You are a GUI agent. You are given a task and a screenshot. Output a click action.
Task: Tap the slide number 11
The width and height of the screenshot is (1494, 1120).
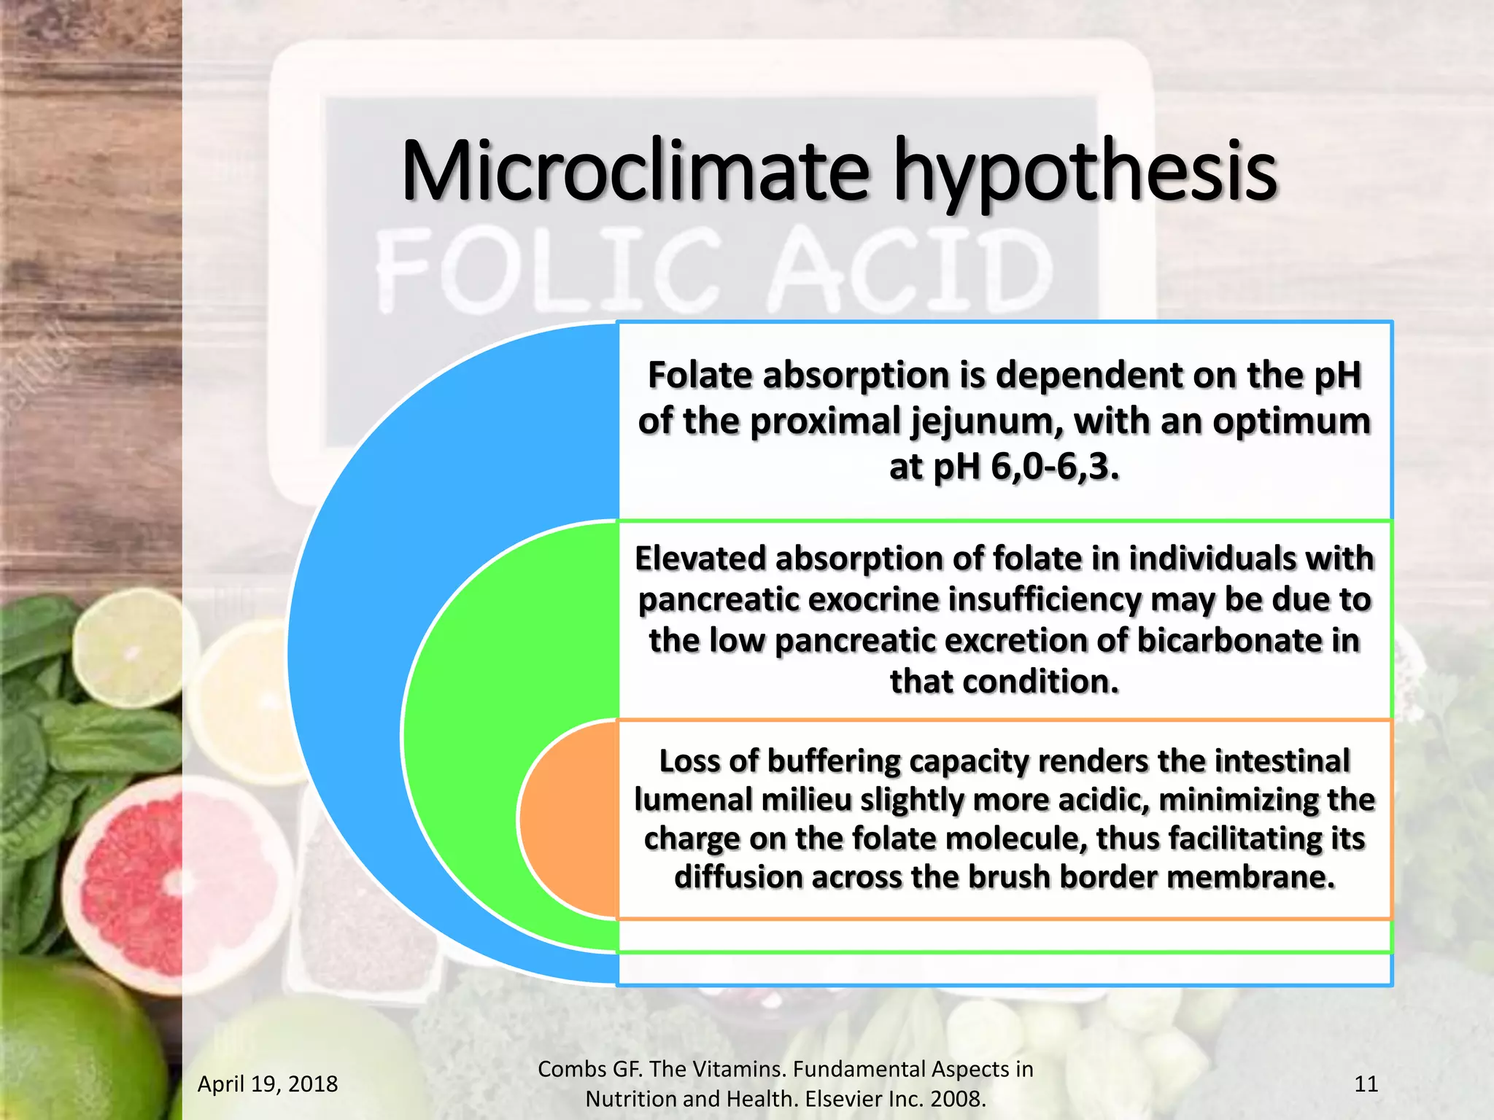pyautogui.click(x=1366, y=1084)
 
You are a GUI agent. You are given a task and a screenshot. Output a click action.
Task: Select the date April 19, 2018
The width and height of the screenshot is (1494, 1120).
pyautogui.click(x=268, y=1084)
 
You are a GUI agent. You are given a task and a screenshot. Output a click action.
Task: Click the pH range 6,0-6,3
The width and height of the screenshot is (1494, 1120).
pyautogui.click(x=1053, y=467)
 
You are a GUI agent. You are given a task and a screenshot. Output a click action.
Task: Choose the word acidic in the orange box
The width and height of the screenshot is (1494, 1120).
pyautogui.click(x=1102, y=799)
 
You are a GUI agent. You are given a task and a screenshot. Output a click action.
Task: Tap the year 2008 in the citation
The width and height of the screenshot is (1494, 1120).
pyautogui.click(x=955, y=1099)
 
